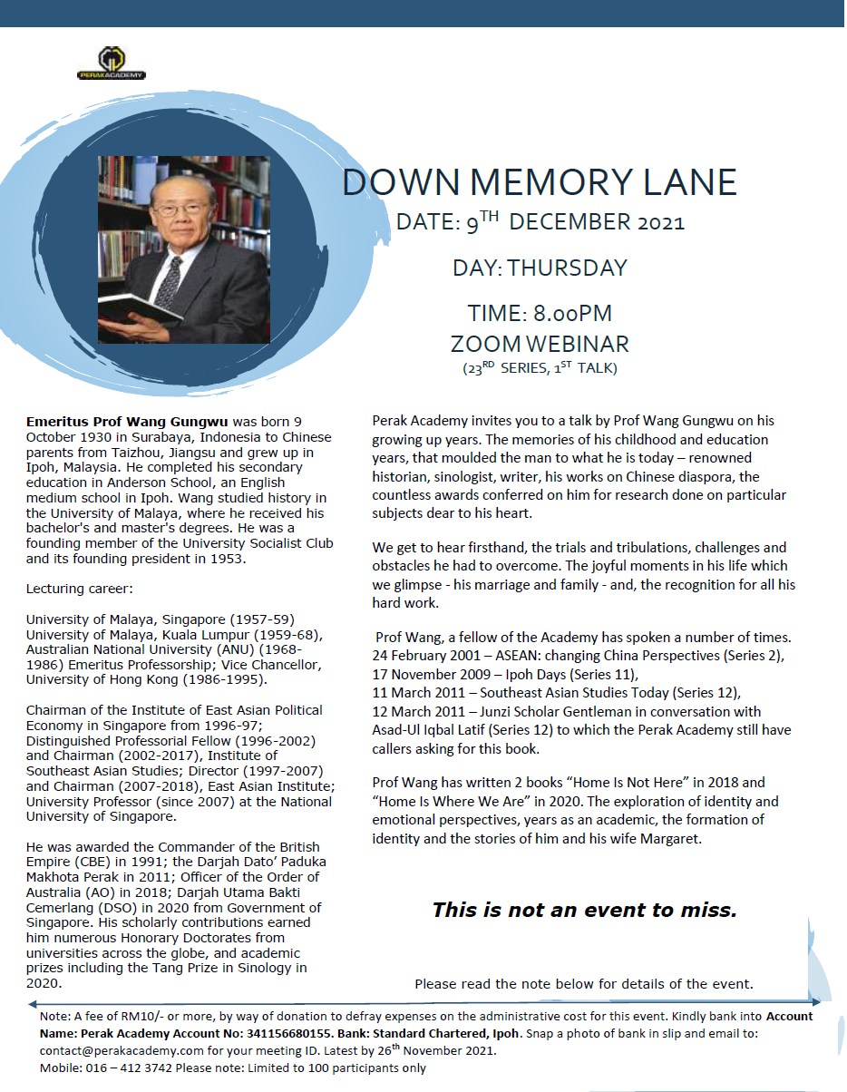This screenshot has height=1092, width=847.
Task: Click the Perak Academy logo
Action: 112,63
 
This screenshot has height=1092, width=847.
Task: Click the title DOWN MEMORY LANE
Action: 540,182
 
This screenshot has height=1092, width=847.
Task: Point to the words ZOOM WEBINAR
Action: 540,344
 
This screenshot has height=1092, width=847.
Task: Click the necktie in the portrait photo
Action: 170,280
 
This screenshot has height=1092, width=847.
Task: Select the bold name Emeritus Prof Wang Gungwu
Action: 128,422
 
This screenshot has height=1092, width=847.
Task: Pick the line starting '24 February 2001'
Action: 578,655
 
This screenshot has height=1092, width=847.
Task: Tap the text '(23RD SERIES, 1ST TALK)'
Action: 540,368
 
